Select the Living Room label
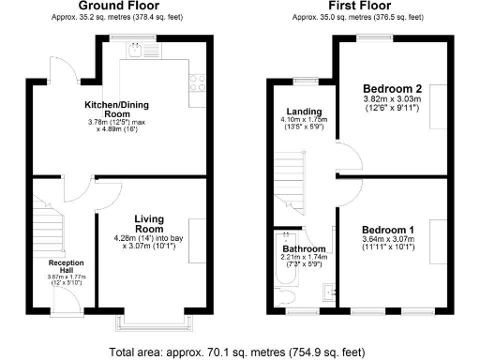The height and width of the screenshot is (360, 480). pyautogui.click(x=149, y=224)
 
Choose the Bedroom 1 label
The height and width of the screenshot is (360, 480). pyautogui.click(x=387, y=230)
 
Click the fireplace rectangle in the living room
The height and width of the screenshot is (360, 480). pyautogui.click(x=198, y=239)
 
